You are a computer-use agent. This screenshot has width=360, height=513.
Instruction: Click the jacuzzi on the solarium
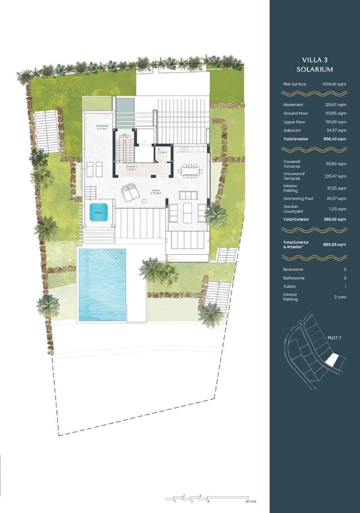(98, 212)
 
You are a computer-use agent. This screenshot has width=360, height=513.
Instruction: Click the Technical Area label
(102, 127)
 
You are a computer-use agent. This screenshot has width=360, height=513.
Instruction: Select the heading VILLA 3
(314, 60)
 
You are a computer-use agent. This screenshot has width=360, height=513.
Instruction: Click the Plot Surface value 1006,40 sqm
(334, 84)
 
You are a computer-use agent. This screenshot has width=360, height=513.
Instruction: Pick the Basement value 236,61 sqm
(336, 105)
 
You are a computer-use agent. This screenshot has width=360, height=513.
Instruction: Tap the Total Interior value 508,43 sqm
(335, 139)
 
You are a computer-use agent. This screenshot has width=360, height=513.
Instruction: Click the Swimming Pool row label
(298, 199)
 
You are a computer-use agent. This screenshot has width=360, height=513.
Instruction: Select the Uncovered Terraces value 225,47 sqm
(336, 176)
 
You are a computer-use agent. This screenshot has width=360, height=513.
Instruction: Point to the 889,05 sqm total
(335, 245)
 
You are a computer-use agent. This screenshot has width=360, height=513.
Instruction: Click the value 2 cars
(339, 297)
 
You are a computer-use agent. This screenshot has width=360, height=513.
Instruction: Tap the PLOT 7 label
(334, 338)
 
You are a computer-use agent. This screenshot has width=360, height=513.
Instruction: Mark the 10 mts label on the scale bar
(250, 501)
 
